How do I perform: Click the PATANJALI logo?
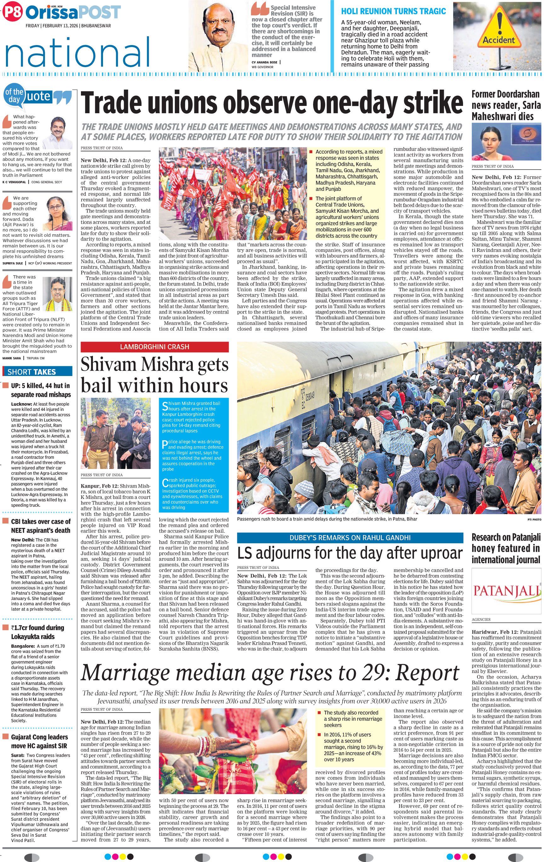(506, 591)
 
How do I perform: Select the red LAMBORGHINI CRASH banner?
(155, 346)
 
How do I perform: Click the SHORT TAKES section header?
(37, 372)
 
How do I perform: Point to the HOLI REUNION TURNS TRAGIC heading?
(393, 11)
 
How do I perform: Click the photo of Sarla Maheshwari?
(506, 142)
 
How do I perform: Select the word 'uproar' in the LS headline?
(438, 553)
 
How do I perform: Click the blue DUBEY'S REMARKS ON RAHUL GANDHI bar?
(349, 537)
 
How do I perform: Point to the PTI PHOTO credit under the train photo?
(534, 519)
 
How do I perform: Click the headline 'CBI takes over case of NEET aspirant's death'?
(40, 526)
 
